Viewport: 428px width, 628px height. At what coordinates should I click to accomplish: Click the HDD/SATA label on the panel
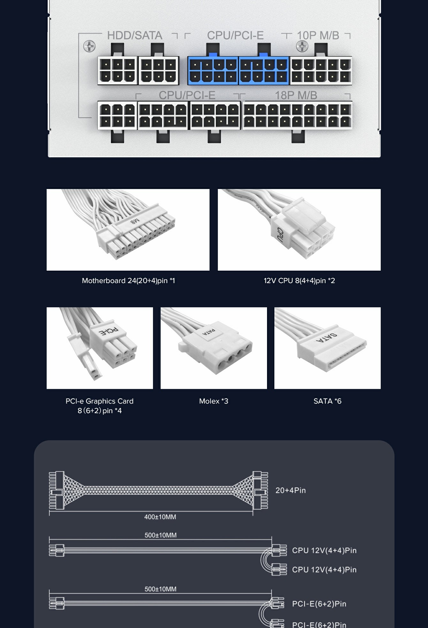coord(135,35)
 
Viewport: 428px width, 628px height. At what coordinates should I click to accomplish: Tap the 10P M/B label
coord(318,35)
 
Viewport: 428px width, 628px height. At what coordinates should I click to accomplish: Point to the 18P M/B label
coord(296,95)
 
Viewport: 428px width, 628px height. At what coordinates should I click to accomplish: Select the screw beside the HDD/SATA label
coord(89,46)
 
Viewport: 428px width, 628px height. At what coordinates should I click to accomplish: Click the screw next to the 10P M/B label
coord(302,47)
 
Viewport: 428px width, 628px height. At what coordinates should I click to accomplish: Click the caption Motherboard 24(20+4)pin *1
coord(128,281)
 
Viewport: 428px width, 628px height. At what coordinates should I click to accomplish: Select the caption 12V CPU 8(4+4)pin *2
coord(299,281)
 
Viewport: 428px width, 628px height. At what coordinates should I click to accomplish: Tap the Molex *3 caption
coord(214,401)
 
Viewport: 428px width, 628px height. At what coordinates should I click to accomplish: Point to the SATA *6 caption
coord(327,401)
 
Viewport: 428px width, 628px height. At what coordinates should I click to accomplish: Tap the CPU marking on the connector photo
coord(280,235)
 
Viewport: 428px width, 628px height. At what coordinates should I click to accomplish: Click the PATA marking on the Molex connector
coord(209,332)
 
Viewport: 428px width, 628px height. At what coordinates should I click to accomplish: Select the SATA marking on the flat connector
coord(326,338)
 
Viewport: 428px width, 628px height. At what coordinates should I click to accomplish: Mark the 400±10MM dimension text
coord(160,517)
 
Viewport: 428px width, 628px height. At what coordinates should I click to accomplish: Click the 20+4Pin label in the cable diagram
coord(291,490)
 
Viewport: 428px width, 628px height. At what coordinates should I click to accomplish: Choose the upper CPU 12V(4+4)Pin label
coord(324,550)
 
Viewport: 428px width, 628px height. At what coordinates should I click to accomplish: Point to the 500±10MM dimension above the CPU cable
coord(160,535)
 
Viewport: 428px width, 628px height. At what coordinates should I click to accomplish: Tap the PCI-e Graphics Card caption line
coord(99,401)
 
